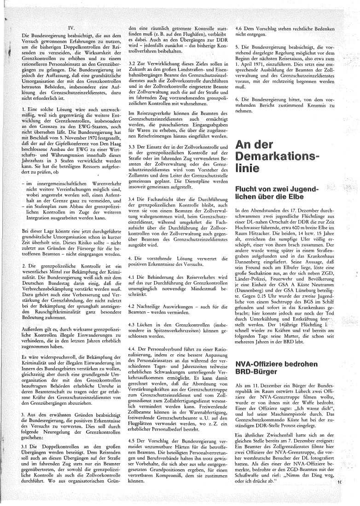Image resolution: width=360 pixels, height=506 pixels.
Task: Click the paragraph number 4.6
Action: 240,27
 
